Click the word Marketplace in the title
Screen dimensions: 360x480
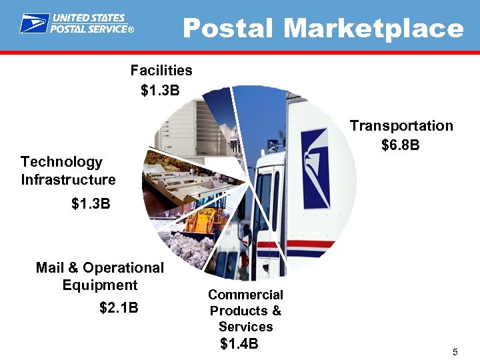click(x=373, y=29)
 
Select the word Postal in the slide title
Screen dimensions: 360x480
click(x=227, y=29)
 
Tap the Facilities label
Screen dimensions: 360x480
click(x=161, y=70)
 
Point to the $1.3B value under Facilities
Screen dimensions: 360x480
click(x=160, y=90)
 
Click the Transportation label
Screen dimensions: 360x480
click(x=401, y=125)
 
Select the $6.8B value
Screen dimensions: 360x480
click(x=400, y=144)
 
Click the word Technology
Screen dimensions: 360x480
click(x=61, y=161)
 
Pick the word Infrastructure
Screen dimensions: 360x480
click(x=68, y=179)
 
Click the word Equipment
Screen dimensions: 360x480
click(x=99, y=285)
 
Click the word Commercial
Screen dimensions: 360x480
click(x=245, y=295)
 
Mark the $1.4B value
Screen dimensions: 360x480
click(x=239, y=344)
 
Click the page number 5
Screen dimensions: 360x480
click(x=455, y=352)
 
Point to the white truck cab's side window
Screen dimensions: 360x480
click(x=265, y=200)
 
